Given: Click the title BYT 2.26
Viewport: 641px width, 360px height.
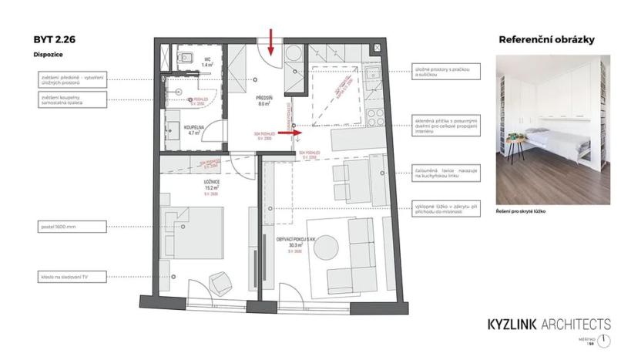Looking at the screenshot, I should coord(52,39).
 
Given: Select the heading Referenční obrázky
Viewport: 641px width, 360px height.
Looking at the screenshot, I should coord(546,39).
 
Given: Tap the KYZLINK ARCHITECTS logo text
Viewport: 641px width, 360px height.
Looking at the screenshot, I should coord(549,324).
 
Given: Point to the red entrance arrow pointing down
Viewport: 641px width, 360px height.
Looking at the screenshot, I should coord(271,42).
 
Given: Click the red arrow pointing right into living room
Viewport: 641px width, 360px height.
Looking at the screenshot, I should coord(288,133).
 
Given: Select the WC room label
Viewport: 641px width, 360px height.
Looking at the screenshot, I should coord(208,62).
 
